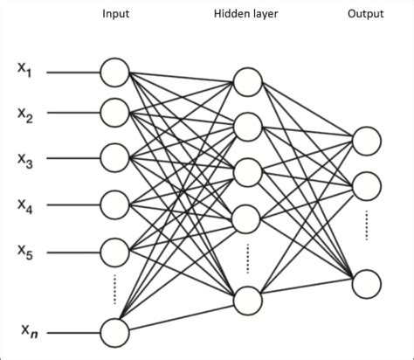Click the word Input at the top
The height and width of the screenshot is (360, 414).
click(116, 15)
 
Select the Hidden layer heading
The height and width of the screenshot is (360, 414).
click(247, 15)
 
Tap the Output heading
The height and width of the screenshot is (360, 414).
click(366, 15)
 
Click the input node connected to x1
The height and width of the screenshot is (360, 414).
click(115, 72)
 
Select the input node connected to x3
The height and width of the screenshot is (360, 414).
click(115, 158)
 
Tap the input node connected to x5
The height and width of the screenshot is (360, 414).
click(115, 251)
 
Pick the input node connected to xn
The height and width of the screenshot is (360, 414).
click(115, 332)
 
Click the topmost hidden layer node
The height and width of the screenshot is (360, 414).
click(247, 82)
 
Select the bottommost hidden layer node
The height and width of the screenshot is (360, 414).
click(247, 300)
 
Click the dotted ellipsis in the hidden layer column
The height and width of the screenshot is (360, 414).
click(247, 258)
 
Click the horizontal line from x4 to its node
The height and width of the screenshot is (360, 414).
click(72, 205)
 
